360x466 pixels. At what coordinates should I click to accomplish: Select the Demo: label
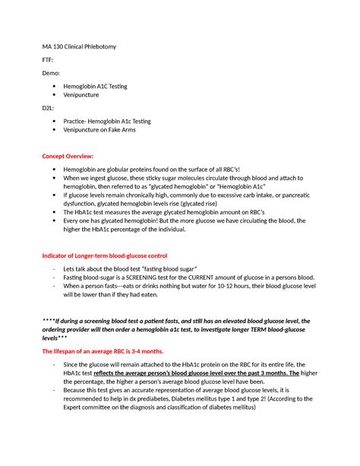coord(52,74)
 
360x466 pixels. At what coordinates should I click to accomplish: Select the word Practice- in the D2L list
coord(81,121)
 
